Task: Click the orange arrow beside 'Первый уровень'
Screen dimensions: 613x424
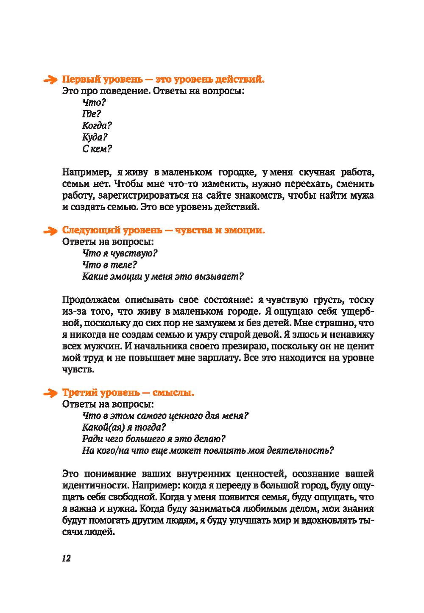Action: [50, 80]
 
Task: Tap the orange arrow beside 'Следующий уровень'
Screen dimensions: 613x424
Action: [50, 231]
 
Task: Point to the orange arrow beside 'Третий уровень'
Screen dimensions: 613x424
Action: [50, 393]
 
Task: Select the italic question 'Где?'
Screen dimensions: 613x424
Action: [92, 114]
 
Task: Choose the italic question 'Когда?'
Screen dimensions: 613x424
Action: [97, 126]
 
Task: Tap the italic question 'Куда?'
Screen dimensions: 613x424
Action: [95, 137]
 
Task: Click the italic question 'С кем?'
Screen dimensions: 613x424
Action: [97, 149]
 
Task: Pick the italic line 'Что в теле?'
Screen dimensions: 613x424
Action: [110, 265]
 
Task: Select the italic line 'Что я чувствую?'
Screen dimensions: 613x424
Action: [120, 253]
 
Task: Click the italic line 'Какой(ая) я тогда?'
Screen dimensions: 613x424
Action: [124, 427]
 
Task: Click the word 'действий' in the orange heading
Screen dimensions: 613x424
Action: [239, 79]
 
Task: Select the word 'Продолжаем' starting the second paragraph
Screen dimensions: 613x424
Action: [90, 300]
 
